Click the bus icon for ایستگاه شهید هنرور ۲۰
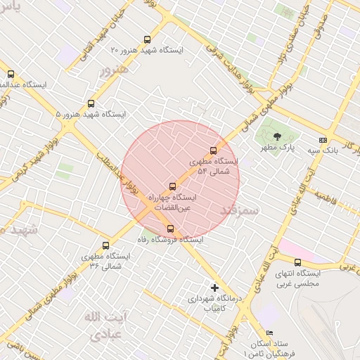(x=147, y=40)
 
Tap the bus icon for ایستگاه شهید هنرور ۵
(x=91, y=103)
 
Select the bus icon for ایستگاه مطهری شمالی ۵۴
(x=214, y=150)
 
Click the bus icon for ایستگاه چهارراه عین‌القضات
(x=172, y=186)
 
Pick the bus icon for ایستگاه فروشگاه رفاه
(x=170, y=229)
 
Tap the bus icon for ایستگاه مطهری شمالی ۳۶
(x=105, y=246)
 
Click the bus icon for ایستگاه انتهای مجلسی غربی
(x=298, y=262)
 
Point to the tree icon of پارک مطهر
(x=277, y=136)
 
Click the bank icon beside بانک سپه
(x=323, y=140)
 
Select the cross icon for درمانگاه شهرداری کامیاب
(x=214, y=288)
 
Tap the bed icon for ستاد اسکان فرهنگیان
(x=269, y=333)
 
